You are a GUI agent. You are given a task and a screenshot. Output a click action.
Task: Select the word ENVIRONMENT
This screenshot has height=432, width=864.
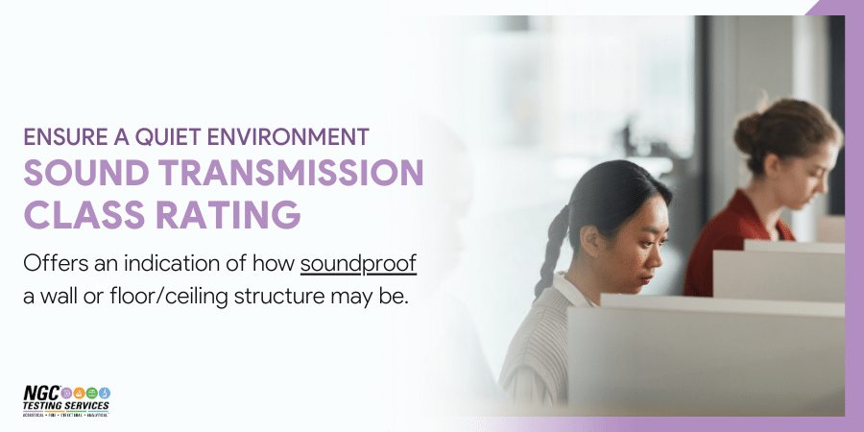pos(289,136)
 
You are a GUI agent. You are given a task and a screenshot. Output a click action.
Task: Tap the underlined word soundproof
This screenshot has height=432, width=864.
pos(358,263)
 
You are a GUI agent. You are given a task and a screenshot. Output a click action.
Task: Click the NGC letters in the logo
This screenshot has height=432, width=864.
pos(41,394)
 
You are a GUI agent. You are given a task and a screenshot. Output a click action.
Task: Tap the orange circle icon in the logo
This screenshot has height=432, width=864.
pos(78,393)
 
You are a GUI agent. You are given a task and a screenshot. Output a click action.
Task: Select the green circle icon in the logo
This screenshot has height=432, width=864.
pos(91,393)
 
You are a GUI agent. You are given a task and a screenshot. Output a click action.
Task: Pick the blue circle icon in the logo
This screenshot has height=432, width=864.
pos(104,393)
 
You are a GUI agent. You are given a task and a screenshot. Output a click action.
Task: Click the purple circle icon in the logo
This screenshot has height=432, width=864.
pos(66,393)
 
